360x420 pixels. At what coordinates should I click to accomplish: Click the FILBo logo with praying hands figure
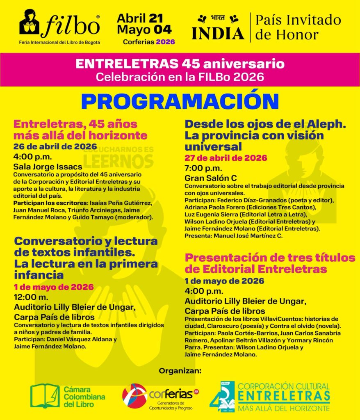(59, 24)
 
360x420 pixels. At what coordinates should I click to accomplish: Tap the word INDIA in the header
(218, 33)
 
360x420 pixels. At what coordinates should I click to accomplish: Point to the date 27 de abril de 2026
(226, 158)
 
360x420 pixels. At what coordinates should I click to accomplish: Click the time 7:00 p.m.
(203, 168)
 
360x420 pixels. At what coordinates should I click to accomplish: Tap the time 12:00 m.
(31, 297)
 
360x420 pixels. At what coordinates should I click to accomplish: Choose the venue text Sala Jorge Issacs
(48, 167)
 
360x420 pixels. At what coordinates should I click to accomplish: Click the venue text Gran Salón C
(211, 178)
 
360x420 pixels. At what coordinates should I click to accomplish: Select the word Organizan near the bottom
(180, 371)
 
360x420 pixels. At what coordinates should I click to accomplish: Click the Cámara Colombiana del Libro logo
(68, 396)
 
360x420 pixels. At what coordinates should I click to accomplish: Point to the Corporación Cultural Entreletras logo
(270, 396)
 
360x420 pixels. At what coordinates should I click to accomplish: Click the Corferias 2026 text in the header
(149, 42)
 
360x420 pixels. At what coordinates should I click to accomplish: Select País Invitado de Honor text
(298, 27)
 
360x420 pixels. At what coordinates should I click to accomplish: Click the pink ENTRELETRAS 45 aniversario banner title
(180, 64)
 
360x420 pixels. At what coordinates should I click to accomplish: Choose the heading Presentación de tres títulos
(270, 258)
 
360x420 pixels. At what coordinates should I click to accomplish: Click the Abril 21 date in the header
(140, 18)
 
